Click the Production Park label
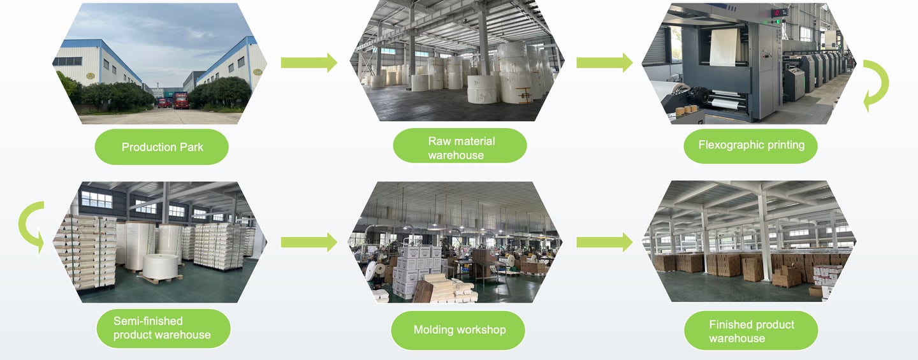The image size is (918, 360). click(x=162, y=147)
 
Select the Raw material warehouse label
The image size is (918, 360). click(x=459, y=147)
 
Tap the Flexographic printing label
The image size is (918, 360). click(x=750, y=146)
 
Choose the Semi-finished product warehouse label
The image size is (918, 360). click(x=162, y=328)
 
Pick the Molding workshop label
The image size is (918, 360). click(x=458, y=330)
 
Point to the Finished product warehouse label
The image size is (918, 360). click(x=750, y=331)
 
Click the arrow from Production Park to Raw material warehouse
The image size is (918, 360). click(x=309, y=62)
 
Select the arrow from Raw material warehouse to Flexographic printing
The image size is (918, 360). click(x=604, y=62)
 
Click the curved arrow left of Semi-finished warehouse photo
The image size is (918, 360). click(x=31, y=227)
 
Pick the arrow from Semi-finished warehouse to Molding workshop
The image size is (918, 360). click(x=309, y=242)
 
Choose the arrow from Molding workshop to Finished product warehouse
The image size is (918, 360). click(x=604, y=242)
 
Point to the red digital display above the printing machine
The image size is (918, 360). click(x=779, y=13)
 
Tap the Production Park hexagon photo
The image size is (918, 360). click(x=159, y=64)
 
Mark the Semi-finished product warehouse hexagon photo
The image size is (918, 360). click(x=159, y=242)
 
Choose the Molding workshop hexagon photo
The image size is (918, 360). click(x=456, y=242)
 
